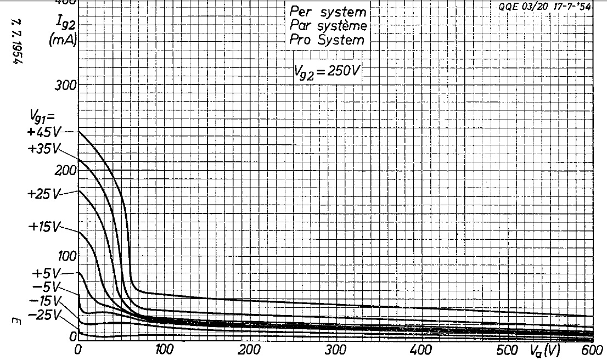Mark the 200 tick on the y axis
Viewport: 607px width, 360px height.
tap(65, 171)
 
